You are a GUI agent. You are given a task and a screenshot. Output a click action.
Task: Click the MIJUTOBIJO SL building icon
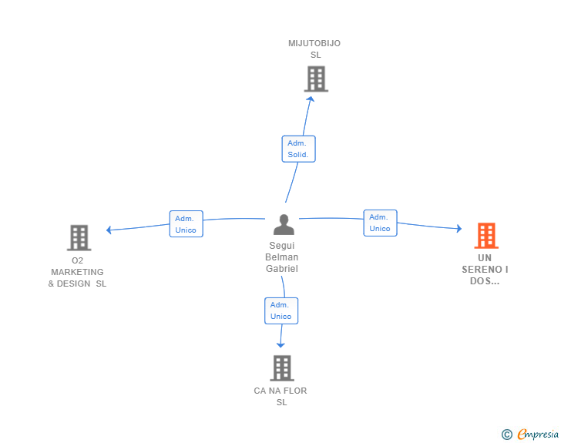(x=316, y=79)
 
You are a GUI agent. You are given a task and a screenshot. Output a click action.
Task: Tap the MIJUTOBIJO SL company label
(x=314, y=49)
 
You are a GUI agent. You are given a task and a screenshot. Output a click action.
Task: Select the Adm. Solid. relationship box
(x=298, y=149)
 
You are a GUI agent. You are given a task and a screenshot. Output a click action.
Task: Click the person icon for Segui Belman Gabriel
(x=284, y=224)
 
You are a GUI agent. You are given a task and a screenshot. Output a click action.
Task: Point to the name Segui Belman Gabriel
(x=282, y=257)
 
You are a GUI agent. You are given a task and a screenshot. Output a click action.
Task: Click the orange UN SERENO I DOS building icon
(x=485, y=235)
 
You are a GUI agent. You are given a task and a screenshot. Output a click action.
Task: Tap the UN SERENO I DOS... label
(x=485, y=270)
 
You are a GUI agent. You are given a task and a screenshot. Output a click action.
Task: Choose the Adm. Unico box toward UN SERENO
(x=380, y=223)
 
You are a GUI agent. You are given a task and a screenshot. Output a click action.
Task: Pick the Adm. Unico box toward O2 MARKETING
(x=186, y=224)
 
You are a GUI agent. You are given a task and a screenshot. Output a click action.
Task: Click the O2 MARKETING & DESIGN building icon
(x=79, y=237)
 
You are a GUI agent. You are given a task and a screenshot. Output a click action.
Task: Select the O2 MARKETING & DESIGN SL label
(x=77, y=272)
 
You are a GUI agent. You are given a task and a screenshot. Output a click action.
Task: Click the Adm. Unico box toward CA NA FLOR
(x=281, y=310)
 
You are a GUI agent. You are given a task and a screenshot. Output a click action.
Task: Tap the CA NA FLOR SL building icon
(x=282, y=367)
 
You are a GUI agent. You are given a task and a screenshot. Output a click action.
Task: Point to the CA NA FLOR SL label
(x=280, y=397)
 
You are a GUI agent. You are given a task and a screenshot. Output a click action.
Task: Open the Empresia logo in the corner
(x=538, y=435)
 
